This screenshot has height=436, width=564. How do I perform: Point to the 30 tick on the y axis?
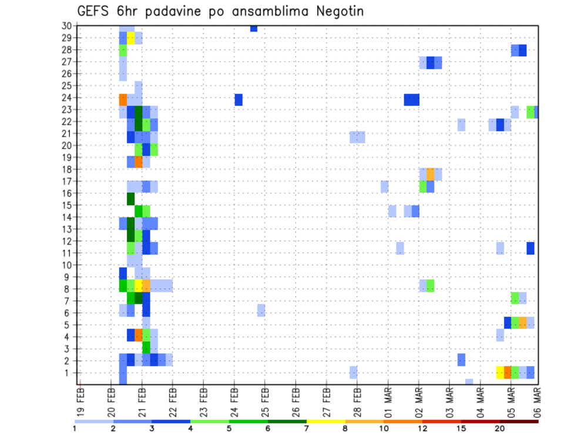(x=66, y=25)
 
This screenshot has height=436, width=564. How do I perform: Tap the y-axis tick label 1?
(x=69, y=373)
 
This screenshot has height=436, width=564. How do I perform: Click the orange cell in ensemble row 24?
(x=123, y=99)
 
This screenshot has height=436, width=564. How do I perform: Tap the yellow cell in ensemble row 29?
(x=130, y=38)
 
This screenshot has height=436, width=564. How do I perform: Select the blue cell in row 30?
(x=254, y=28)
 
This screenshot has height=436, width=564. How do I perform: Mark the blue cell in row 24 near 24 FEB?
(x=239, y=99)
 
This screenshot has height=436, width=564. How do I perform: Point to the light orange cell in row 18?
(x=431, y=174)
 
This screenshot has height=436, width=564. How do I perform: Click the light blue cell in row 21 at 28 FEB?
(x=357, y=137)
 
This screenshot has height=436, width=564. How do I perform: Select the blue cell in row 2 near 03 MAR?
(x=461, y=360)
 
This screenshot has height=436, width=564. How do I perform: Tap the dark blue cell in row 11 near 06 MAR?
(x=531, y=248)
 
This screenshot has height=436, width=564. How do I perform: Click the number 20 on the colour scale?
(x=500, y=428)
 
